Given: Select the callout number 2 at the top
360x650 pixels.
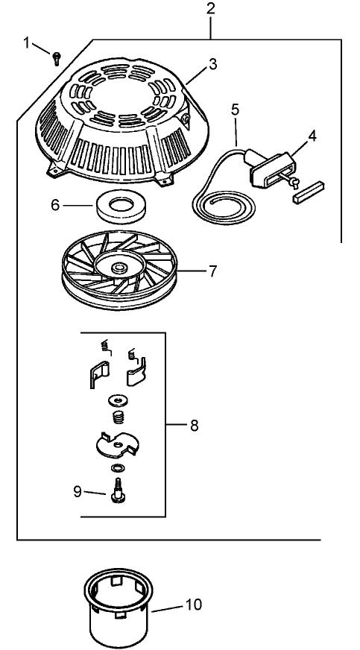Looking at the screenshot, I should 211,10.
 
